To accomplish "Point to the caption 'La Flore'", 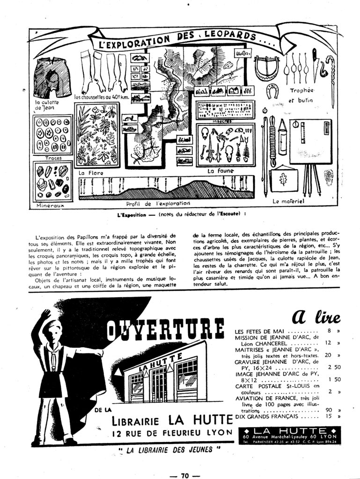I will point(90,173).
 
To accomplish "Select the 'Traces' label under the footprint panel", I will point(53,158).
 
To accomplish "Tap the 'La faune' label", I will point(220,172).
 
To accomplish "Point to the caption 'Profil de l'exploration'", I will point(158,204).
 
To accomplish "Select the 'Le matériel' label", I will point(291,202).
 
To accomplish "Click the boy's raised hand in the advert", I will point(45,314).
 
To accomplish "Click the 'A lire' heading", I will point(316,317).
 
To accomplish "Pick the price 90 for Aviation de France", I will point(329,410).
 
